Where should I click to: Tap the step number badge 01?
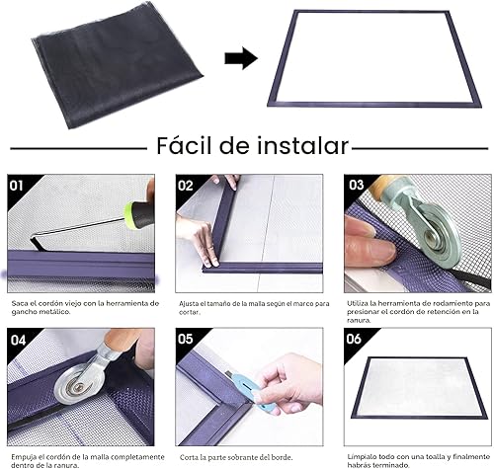(x=17, y=185)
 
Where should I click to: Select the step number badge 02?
(x=186, y=185)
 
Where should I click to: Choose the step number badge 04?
(x=17, y=339)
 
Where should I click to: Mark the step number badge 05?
(x=186, y=339)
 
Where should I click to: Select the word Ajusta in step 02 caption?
(x=191, y=303)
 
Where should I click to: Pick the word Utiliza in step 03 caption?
(x=362, y=303)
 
